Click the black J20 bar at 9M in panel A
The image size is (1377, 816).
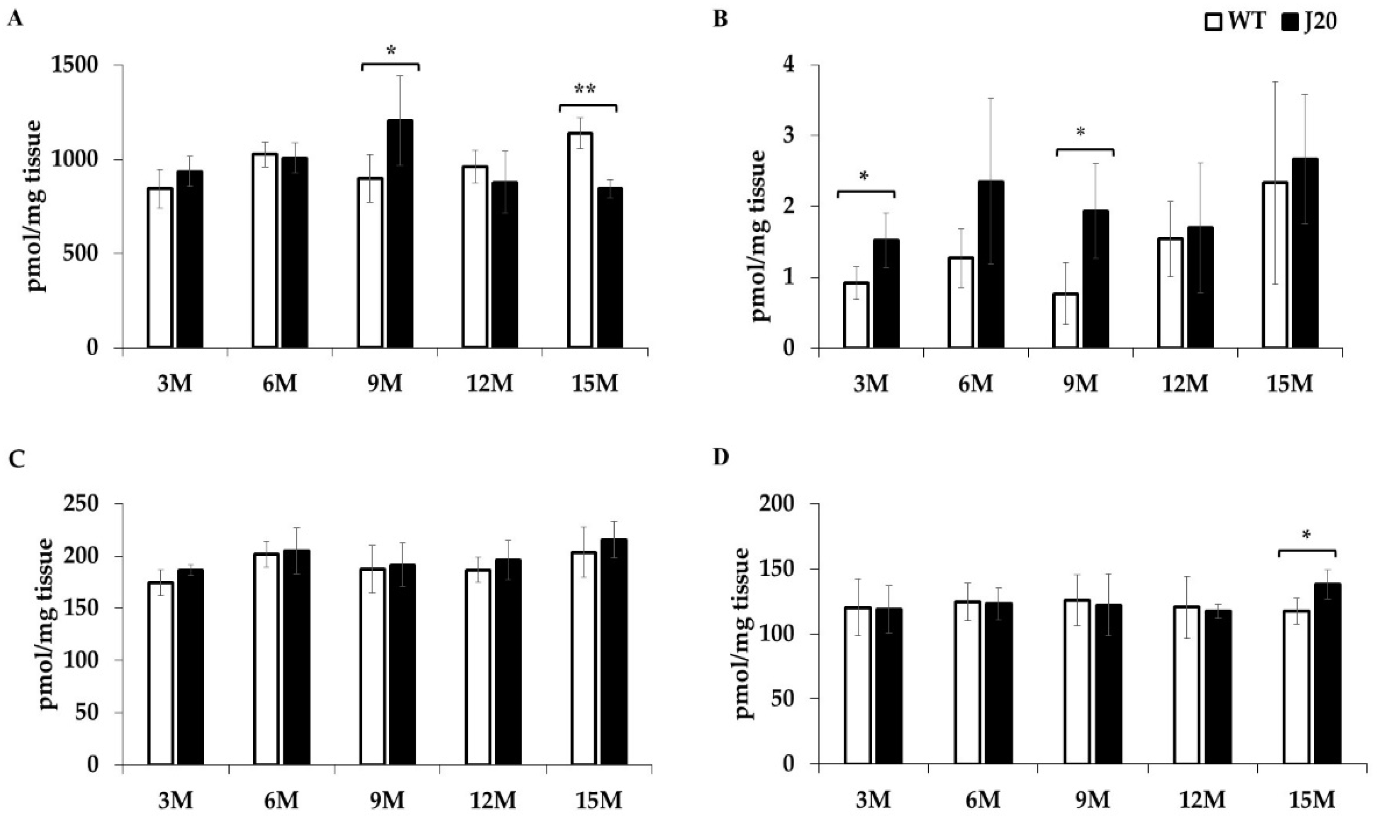tap(400, 234)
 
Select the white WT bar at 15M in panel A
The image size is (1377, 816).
tap(580, 240)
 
